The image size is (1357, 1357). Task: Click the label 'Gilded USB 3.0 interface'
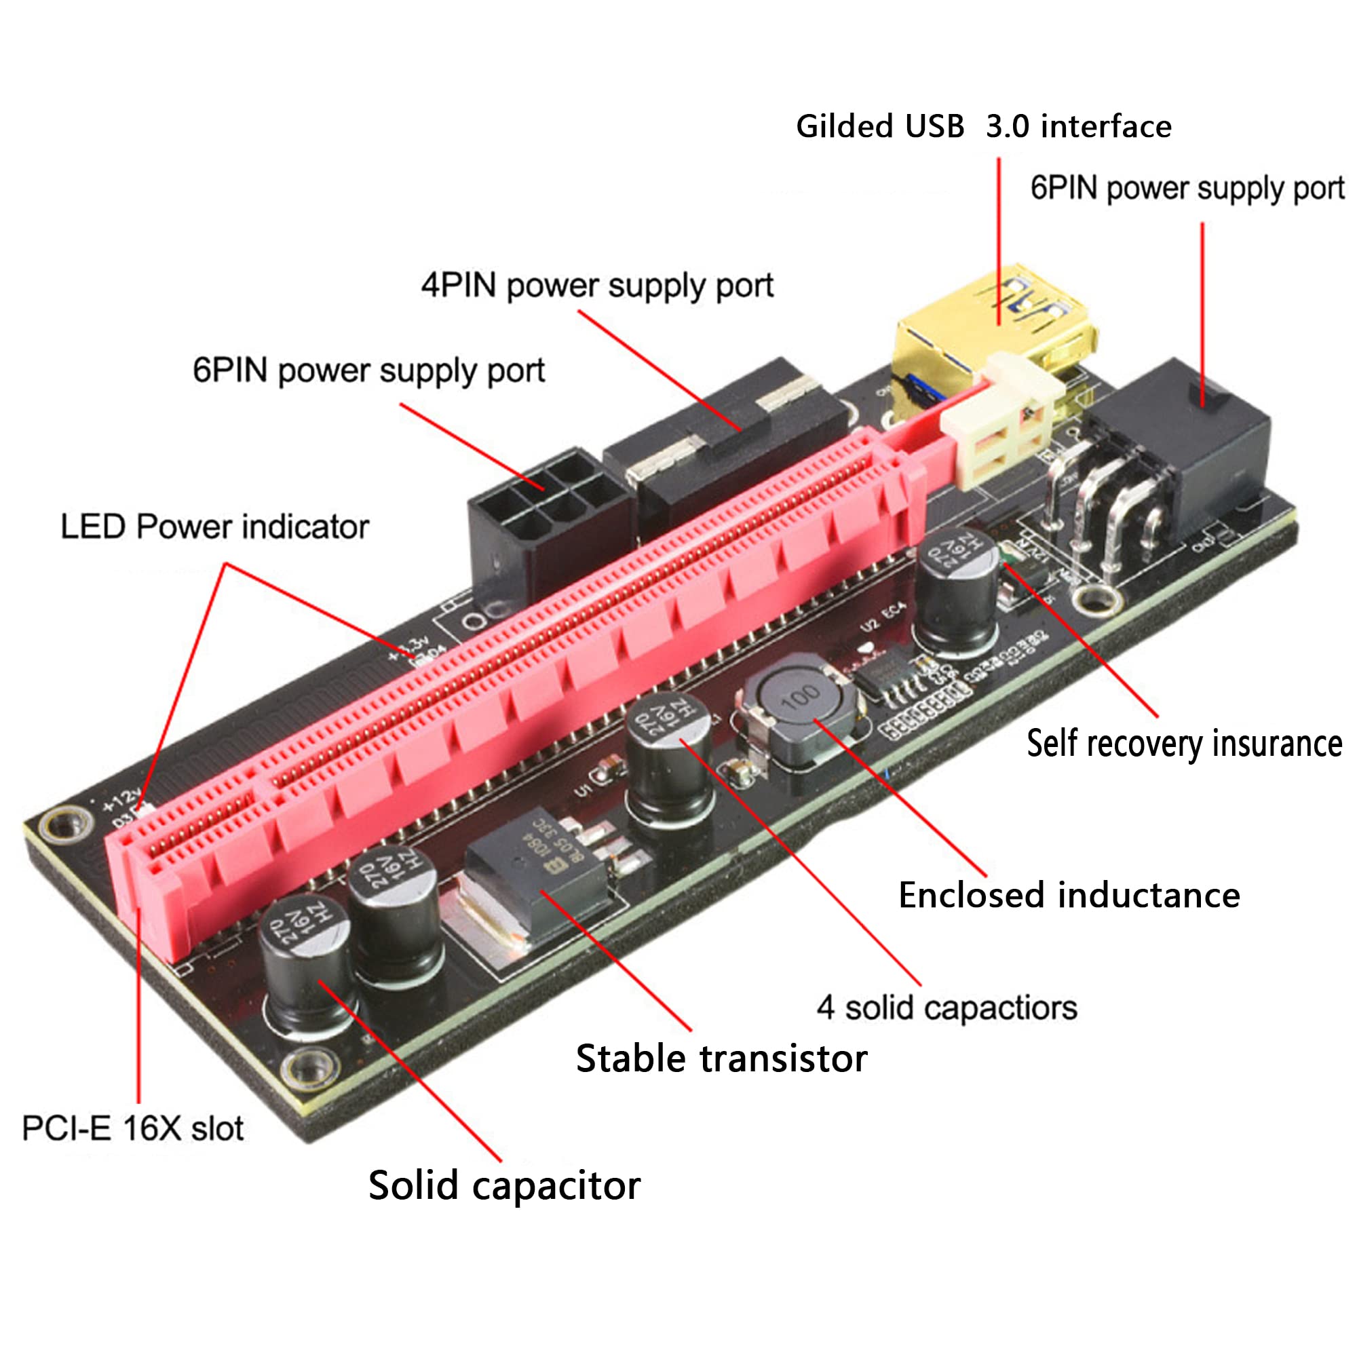983,126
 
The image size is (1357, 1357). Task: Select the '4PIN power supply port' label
597,286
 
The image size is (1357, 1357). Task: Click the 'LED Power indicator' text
214,527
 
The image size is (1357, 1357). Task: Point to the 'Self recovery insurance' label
1183,743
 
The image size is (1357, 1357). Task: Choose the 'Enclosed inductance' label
1069,896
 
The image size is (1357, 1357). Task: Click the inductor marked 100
801,713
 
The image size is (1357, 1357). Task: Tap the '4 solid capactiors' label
946,1008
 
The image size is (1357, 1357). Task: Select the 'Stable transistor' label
721,1058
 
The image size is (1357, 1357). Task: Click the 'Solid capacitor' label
503,1186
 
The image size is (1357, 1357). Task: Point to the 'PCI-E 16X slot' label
133,1129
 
